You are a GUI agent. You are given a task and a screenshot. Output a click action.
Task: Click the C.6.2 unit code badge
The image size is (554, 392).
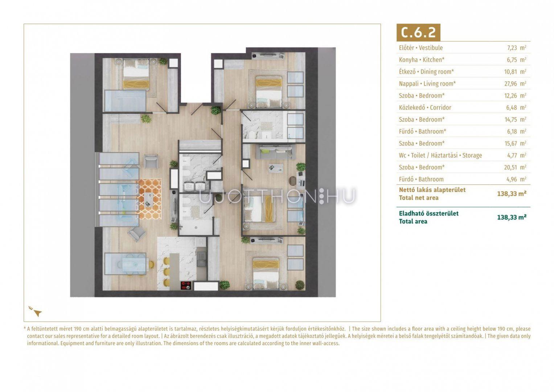coord(418,32)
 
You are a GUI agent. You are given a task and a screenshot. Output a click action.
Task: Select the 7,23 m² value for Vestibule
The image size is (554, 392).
coord(516,48)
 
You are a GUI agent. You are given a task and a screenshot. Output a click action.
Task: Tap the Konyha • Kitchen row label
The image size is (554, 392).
coord(422,60)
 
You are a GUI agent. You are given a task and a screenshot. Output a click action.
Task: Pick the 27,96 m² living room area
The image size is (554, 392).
coord(515,83)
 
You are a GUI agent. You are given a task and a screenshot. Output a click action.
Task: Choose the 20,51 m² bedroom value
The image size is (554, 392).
coord(515,167)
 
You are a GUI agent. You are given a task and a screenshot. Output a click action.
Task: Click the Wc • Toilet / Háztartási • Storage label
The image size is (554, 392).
coord(440,155)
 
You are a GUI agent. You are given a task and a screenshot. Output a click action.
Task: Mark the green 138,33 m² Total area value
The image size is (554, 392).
coord(512,217)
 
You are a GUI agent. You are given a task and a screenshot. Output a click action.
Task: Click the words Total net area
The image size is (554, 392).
coord(419,198)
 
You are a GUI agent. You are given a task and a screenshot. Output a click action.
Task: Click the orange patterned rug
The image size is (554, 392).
coord(149,199)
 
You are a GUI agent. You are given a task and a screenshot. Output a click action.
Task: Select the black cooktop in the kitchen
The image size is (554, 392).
coord(186,285)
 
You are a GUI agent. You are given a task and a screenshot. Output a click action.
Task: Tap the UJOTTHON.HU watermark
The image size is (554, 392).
coord(277,196)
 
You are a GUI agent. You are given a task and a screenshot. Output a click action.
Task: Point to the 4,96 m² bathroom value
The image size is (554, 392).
coord(516,179)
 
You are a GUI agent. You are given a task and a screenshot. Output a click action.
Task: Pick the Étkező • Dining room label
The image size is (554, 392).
coord(426,72)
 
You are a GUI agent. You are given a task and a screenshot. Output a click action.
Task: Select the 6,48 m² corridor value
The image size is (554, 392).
coord(516,107)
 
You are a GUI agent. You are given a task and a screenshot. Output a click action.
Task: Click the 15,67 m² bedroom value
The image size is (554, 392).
coord(515,143)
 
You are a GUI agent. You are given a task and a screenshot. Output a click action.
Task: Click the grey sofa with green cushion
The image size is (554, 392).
coord(275,152)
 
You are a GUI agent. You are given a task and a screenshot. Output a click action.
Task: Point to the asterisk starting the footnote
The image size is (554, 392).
coord(25,328)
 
